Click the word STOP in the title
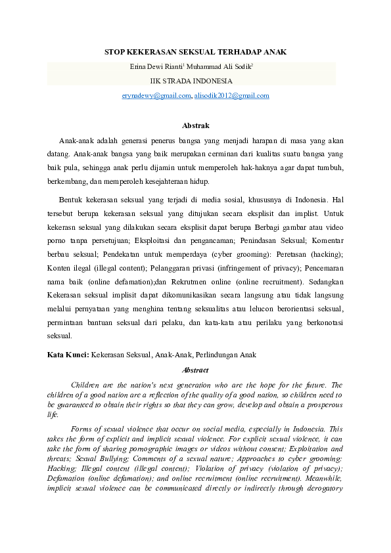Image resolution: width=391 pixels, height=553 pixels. [x=116, y=51]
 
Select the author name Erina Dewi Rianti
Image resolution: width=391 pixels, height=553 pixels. [x=156, y=66]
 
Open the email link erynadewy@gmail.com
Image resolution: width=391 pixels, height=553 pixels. [x=156, y=96]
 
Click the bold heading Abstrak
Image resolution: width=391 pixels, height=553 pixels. [x=195, y=125]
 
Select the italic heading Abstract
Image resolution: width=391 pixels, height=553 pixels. [x=195, y=370]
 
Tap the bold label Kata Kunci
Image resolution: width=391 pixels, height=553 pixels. [x=68, y=355]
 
